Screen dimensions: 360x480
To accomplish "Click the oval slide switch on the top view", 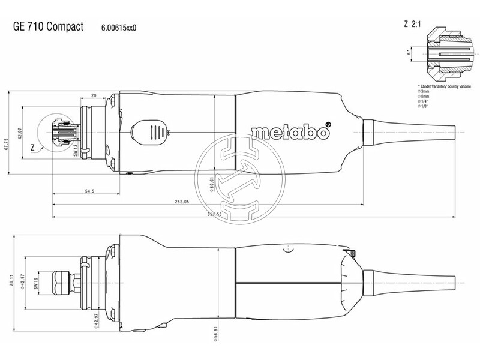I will click(x=149, y=131).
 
